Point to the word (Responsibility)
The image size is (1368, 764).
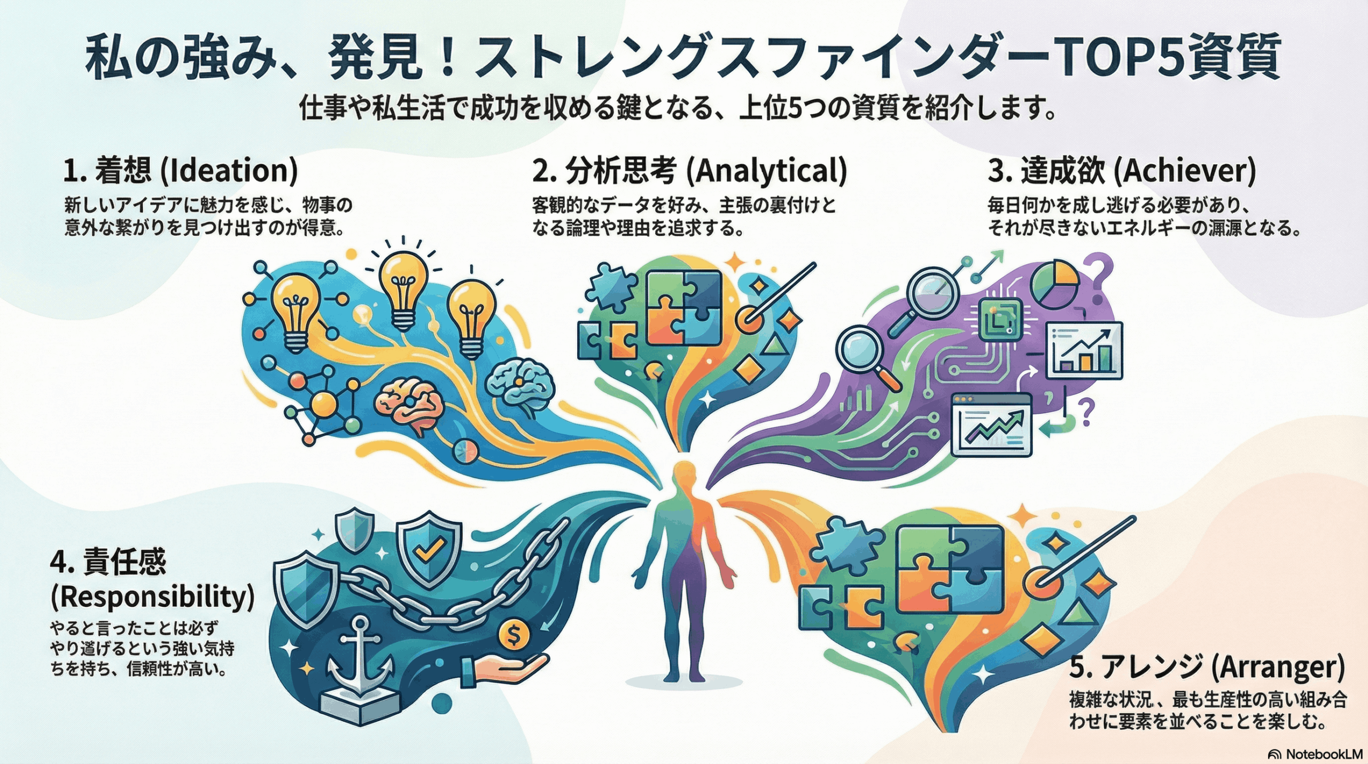coord(152,597)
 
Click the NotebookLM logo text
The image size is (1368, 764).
coord(1323,754)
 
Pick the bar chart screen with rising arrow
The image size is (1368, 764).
coord(1085,350)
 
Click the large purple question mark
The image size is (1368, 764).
coord(1101,270)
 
